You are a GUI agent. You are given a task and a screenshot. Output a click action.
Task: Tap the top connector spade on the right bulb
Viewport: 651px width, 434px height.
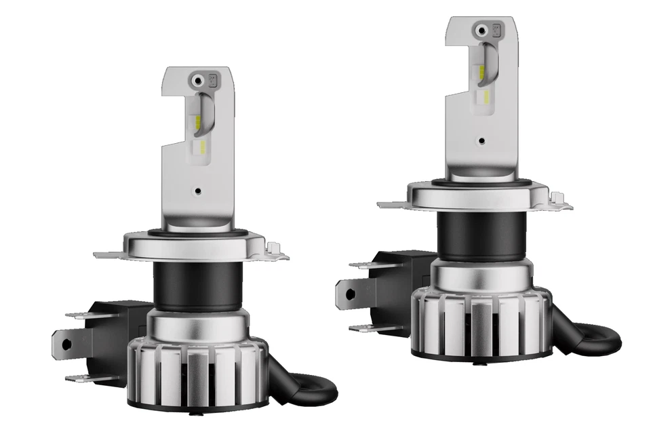[363, 265]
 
